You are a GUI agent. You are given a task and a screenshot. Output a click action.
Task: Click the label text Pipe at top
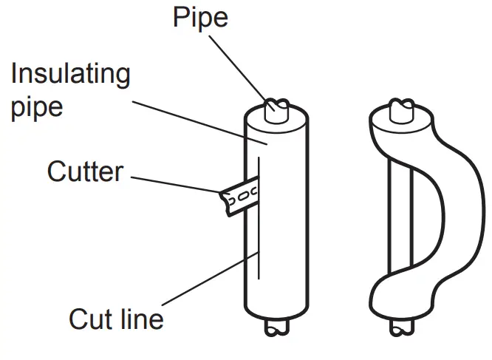[x=200, y=16]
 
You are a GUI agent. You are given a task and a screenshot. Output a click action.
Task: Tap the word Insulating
[x=70, y=74]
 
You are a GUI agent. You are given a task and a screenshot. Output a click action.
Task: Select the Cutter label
[x=85, y=171]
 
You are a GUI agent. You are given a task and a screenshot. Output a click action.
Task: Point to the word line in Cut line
[x=141, y=319]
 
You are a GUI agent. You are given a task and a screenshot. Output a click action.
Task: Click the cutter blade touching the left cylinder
[x=236, y=196]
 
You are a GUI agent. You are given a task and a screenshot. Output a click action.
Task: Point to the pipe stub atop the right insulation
[x=402, y=110]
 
